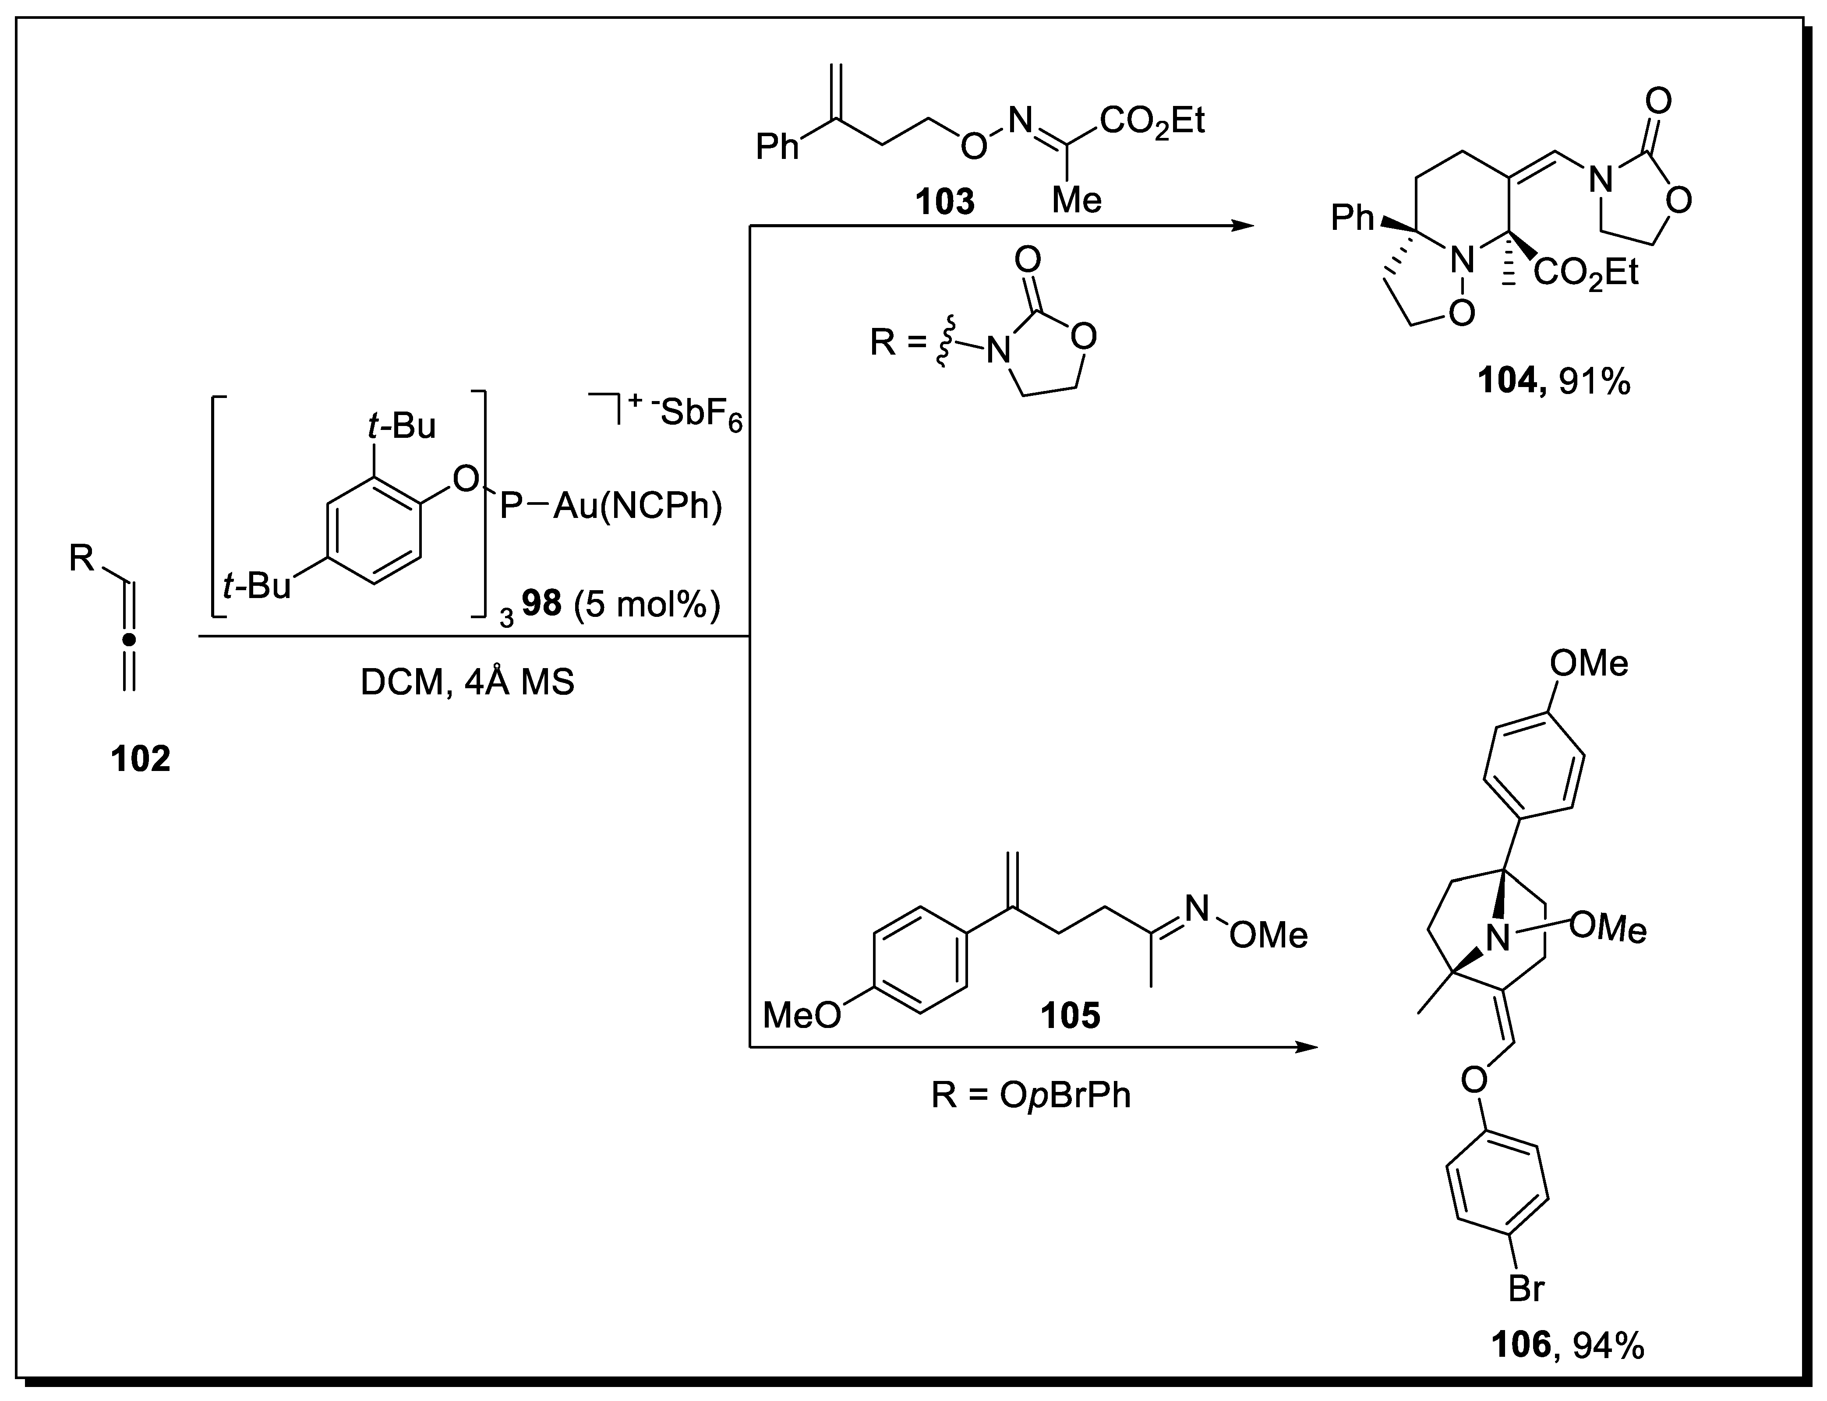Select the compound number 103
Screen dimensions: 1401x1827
click(x=944, y=202)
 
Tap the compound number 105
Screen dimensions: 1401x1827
click(x=1071, y=1015)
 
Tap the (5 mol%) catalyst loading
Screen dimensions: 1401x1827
click(x=647, y=604)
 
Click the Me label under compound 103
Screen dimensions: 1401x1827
click(x=1076, y=200)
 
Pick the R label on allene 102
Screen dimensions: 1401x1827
click(x=82, y=558)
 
